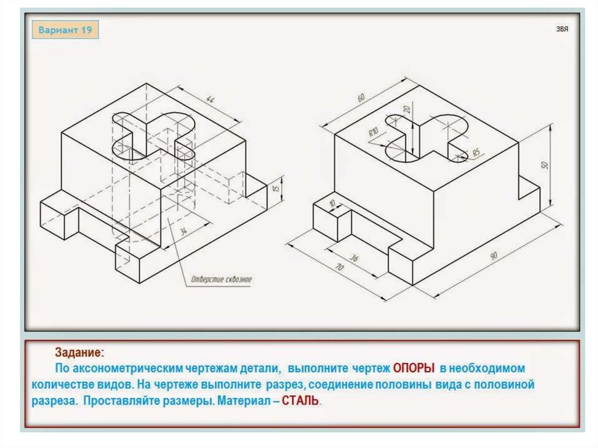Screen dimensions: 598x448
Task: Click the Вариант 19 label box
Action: click(x=65, y=30)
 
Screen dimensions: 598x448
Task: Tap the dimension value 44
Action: click(x=210, y=99)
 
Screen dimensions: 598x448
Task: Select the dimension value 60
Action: click(x=361, y=98)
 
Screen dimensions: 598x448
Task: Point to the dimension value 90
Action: click(x=493, y=256)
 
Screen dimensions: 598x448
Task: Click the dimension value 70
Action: click(x=339, y=268)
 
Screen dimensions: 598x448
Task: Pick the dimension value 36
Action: click(x=354, y=258)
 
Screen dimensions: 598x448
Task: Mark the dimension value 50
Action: click(x=545, y=165)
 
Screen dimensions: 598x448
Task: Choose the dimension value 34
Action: click(x=184, y=231)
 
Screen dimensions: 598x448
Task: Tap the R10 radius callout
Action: click(x=373, y=133)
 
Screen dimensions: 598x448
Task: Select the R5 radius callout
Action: click(x=476, y=152)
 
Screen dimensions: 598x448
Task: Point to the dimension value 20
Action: click(x=407, y=109)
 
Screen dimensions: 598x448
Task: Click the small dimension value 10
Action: click(x=332, y=203)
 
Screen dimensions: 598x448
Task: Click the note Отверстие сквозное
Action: click(x=221, y=279)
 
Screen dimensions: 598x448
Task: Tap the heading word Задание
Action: click(x=79, y=352)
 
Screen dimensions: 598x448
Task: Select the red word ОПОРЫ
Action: click(x=414, y=368)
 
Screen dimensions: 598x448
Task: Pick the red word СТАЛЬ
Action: click(x=300, y=401)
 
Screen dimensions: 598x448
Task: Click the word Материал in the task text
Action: click(x=243, y=401)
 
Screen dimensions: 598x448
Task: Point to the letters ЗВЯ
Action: click(x=562, y=29)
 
